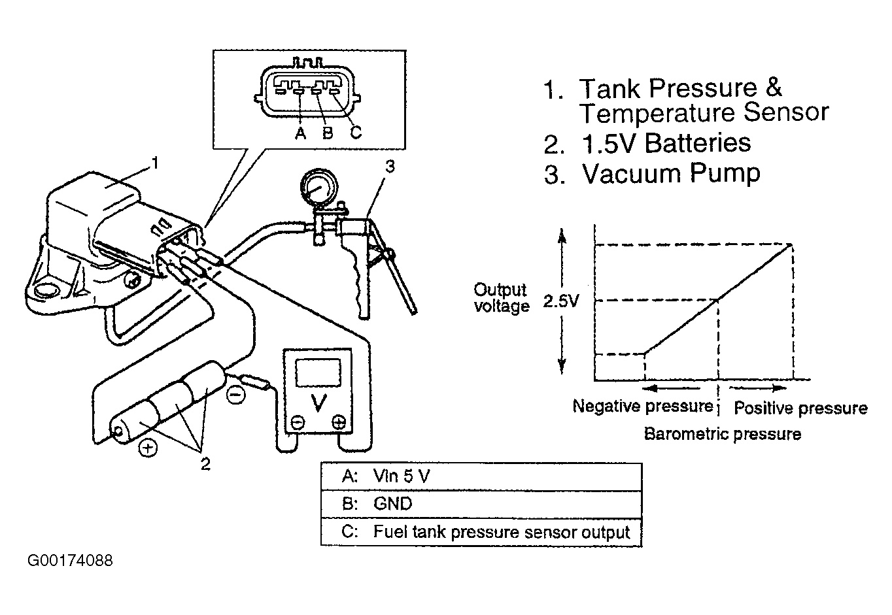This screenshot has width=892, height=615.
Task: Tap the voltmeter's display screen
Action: tap(318, 372)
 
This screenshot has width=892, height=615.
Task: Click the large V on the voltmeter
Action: tap(318, 403)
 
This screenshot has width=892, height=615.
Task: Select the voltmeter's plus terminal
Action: tap(339, 422)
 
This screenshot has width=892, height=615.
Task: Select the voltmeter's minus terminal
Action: tap(298, 422)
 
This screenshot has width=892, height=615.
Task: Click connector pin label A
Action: tap(301, 133)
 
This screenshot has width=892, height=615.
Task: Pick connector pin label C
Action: tap(356, 132)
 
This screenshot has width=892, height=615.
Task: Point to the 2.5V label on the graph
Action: tap(560, 301)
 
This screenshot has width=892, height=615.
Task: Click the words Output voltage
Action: tap(502, 298)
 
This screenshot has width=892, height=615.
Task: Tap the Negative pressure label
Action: tap(643, 406)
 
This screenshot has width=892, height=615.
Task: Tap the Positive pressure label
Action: tap(800, 408)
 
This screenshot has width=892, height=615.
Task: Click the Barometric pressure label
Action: tap(723, 434)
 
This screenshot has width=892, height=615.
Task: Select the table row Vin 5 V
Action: tap(481, 476)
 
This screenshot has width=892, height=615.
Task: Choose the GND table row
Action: tap(481, 504)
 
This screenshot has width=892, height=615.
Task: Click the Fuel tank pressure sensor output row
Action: tap(481, 532)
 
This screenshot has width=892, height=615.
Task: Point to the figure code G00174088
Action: tap(70, 561)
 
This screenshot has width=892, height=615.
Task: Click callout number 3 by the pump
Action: tap(390, 167)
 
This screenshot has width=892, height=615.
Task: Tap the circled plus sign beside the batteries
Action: tap(148, 448)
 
